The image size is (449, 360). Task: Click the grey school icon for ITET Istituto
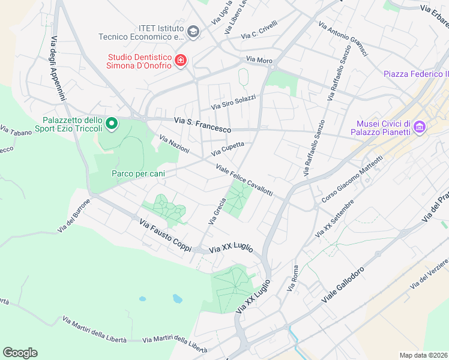click(x=193, y=32)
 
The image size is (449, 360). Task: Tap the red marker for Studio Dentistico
click(x=180, y=61)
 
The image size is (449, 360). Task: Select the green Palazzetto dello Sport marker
click(x=111, y=124)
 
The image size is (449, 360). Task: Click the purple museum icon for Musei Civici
click(x=420, y=127)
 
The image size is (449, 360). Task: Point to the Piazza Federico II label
click(x=416, y=74)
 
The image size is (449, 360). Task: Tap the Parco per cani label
click(x=138, y=173)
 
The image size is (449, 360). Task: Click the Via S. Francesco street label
click(x=202, y=125)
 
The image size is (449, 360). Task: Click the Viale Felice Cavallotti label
click(x=244, y=181)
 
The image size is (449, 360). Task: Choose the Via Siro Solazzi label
click(x=233, y=103)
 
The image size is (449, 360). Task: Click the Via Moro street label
click(x=259, y=60)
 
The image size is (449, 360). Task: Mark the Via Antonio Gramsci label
click(x=343, y=40)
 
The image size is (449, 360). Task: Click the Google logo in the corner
click(x=20, y=352)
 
